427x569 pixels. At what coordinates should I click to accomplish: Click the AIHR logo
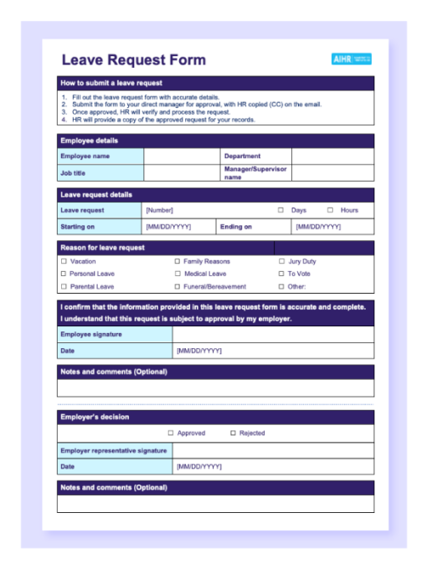pyautogui.click(x=351, y=59)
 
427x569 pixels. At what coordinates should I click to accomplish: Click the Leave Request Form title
pyautogui.click(x=133, y=60)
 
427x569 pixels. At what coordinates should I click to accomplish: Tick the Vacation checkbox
pyautogui.click(x=64, y=262)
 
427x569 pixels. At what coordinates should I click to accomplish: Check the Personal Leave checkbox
pyautogui.click(x=64, y=274)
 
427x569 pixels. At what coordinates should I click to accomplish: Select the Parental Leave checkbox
pyautogui.click(x=64, y=286)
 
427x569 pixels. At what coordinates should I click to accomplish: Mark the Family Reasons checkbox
pyautogui.click(x=177, y=262)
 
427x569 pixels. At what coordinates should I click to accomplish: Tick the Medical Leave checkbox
pyautogui.click(x=177, y=274)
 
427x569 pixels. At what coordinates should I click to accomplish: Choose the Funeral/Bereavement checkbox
pyautogui.click(x=177, y=286)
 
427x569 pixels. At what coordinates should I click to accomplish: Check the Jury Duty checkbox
pyautogui.click(x=281, y=262)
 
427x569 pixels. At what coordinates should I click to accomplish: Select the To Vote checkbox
pyautogui.click(x=281, y=274)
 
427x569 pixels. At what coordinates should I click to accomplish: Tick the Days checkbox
pyautogui.click(x=280, y=210)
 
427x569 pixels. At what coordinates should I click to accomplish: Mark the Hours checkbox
pyautogui.click(x=331, y=210)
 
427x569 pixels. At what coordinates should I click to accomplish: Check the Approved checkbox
pyautogui.click(x=171, y=433)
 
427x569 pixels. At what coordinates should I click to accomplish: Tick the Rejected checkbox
pyautogui.click(x=234, y=433)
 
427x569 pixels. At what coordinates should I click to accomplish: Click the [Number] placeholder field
pyautogui.click(x=159, y=210)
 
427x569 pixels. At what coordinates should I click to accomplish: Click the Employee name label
pyautogui.click(x=85, y=156)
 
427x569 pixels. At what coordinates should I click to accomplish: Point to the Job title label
pyautogui.click(x=73, y=173)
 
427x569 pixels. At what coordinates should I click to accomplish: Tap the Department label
pyautogui.click(x=242, y=156)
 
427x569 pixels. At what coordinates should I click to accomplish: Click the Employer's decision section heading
pyautogui.click(x=95, y=417)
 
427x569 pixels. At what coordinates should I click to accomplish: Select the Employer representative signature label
pyautogui.click(x=113, y=451)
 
